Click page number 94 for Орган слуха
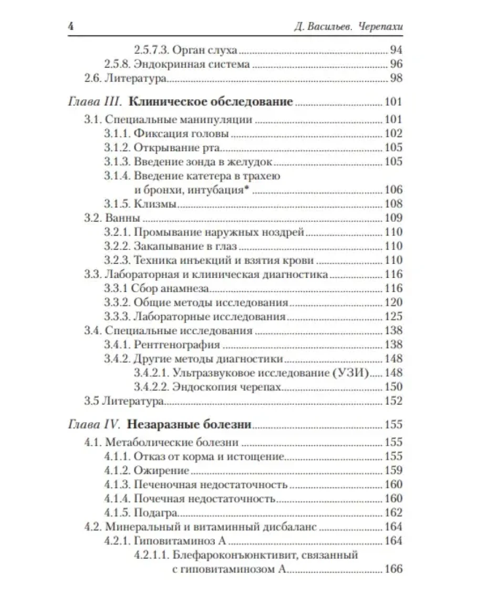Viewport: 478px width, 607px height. click(395, 51)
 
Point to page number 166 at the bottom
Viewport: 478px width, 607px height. click(393, 569)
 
